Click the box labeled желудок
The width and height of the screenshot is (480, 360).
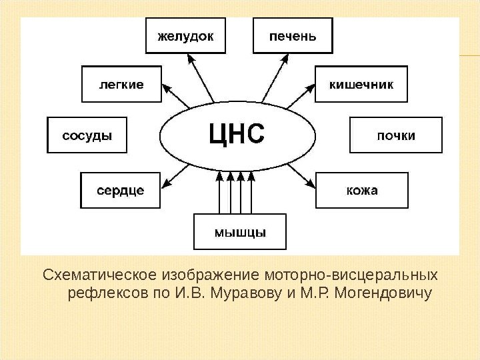185,35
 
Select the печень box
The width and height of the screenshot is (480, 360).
293,35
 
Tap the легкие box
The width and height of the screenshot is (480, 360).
121,84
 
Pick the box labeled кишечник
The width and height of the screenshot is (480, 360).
361,84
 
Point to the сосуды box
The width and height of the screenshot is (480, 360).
87,135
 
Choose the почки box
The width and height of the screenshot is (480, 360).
396,135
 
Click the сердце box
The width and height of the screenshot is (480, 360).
121,190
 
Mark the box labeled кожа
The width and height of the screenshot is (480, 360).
361,190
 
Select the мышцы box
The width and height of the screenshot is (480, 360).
239,232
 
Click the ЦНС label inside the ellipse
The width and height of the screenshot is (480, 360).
237,133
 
